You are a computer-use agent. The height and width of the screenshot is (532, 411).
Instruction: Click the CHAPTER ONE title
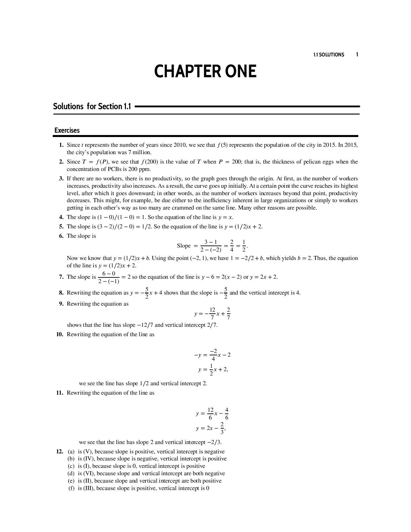pos(205,72)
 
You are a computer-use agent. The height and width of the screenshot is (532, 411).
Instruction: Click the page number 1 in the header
pos(357,54)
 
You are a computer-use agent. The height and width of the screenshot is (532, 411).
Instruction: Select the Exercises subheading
pos(67,130)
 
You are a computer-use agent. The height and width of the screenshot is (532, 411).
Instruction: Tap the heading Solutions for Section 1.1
pos(92,106)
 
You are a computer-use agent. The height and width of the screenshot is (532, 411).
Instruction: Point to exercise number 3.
pos(61,179)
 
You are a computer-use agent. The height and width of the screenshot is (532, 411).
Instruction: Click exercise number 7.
pos(61,277)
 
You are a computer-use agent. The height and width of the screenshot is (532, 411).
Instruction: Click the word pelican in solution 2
pos(313,162)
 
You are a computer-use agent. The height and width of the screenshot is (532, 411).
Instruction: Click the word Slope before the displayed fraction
pos(184,246)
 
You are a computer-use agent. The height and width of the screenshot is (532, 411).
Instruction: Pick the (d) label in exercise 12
pos(71,474)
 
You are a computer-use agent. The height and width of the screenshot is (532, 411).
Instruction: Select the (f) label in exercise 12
pos(71,488)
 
